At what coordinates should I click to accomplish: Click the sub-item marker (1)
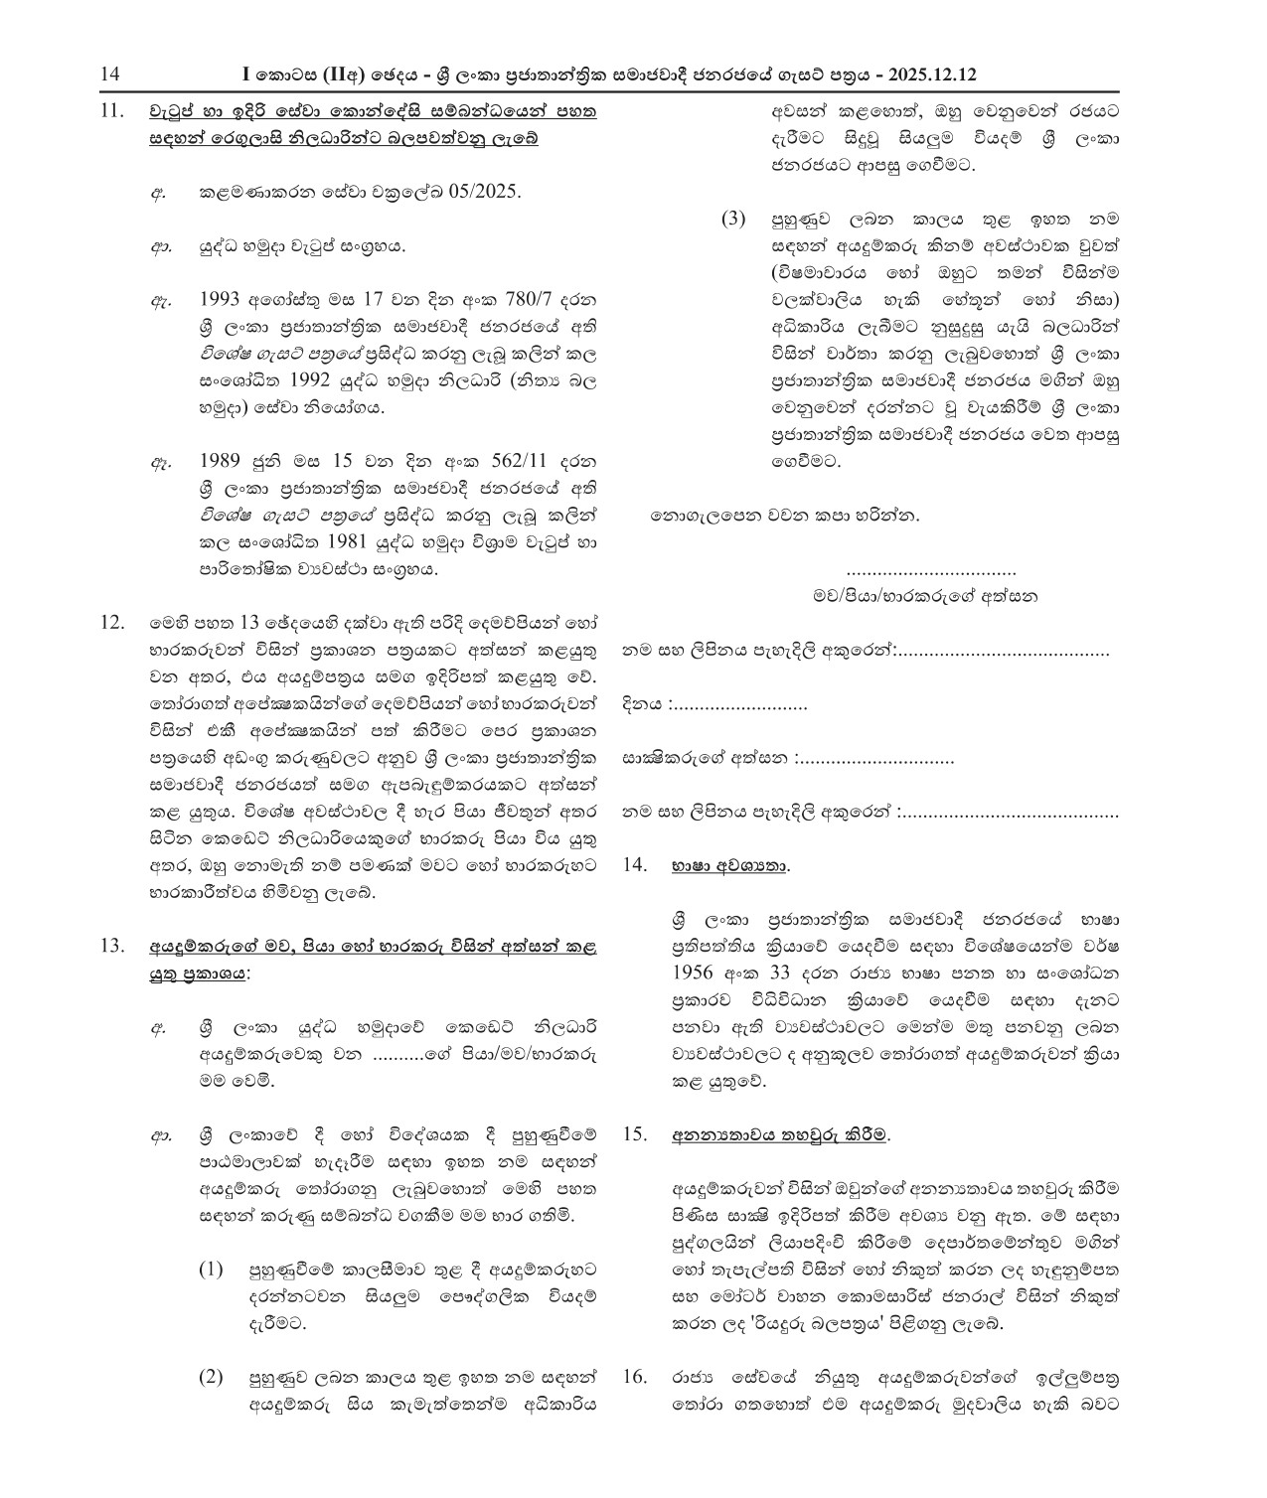pos(211,1270)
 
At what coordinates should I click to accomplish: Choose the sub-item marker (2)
pos(211,1377)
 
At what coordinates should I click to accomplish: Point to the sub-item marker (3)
pos(732,220)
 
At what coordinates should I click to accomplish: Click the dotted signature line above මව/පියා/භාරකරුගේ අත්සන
pos(932,572)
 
